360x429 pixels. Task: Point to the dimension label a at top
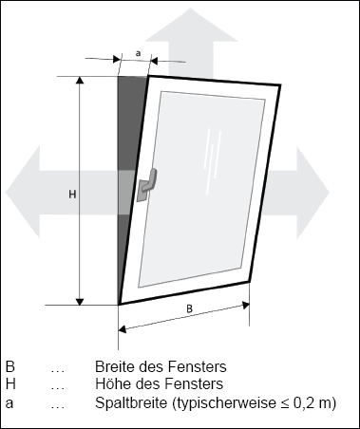tap(139, 54)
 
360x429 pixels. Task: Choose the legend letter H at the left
tap(10, 384)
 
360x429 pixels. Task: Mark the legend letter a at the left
tap(9, 403)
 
